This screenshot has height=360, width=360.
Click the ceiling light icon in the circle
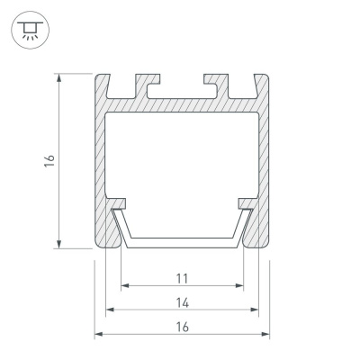pos(30,30)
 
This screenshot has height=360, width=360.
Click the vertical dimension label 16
pos(49,161)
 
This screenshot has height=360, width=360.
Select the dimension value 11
pos(182,279)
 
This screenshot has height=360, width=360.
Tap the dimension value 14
pos(182,303)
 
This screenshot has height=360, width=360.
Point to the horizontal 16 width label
pos(182,327)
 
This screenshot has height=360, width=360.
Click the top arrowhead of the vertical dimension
pos(59,77)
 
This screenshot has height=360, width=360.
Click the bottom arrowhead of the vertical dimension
pos(59,244)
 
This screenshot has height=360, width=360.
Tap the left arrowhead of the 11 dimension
pos(125,285)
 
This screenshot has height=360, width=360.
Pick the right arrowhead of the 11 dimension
pos(239,285)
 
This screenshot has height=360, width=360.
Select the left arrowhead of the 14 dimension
pos(110,310)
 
